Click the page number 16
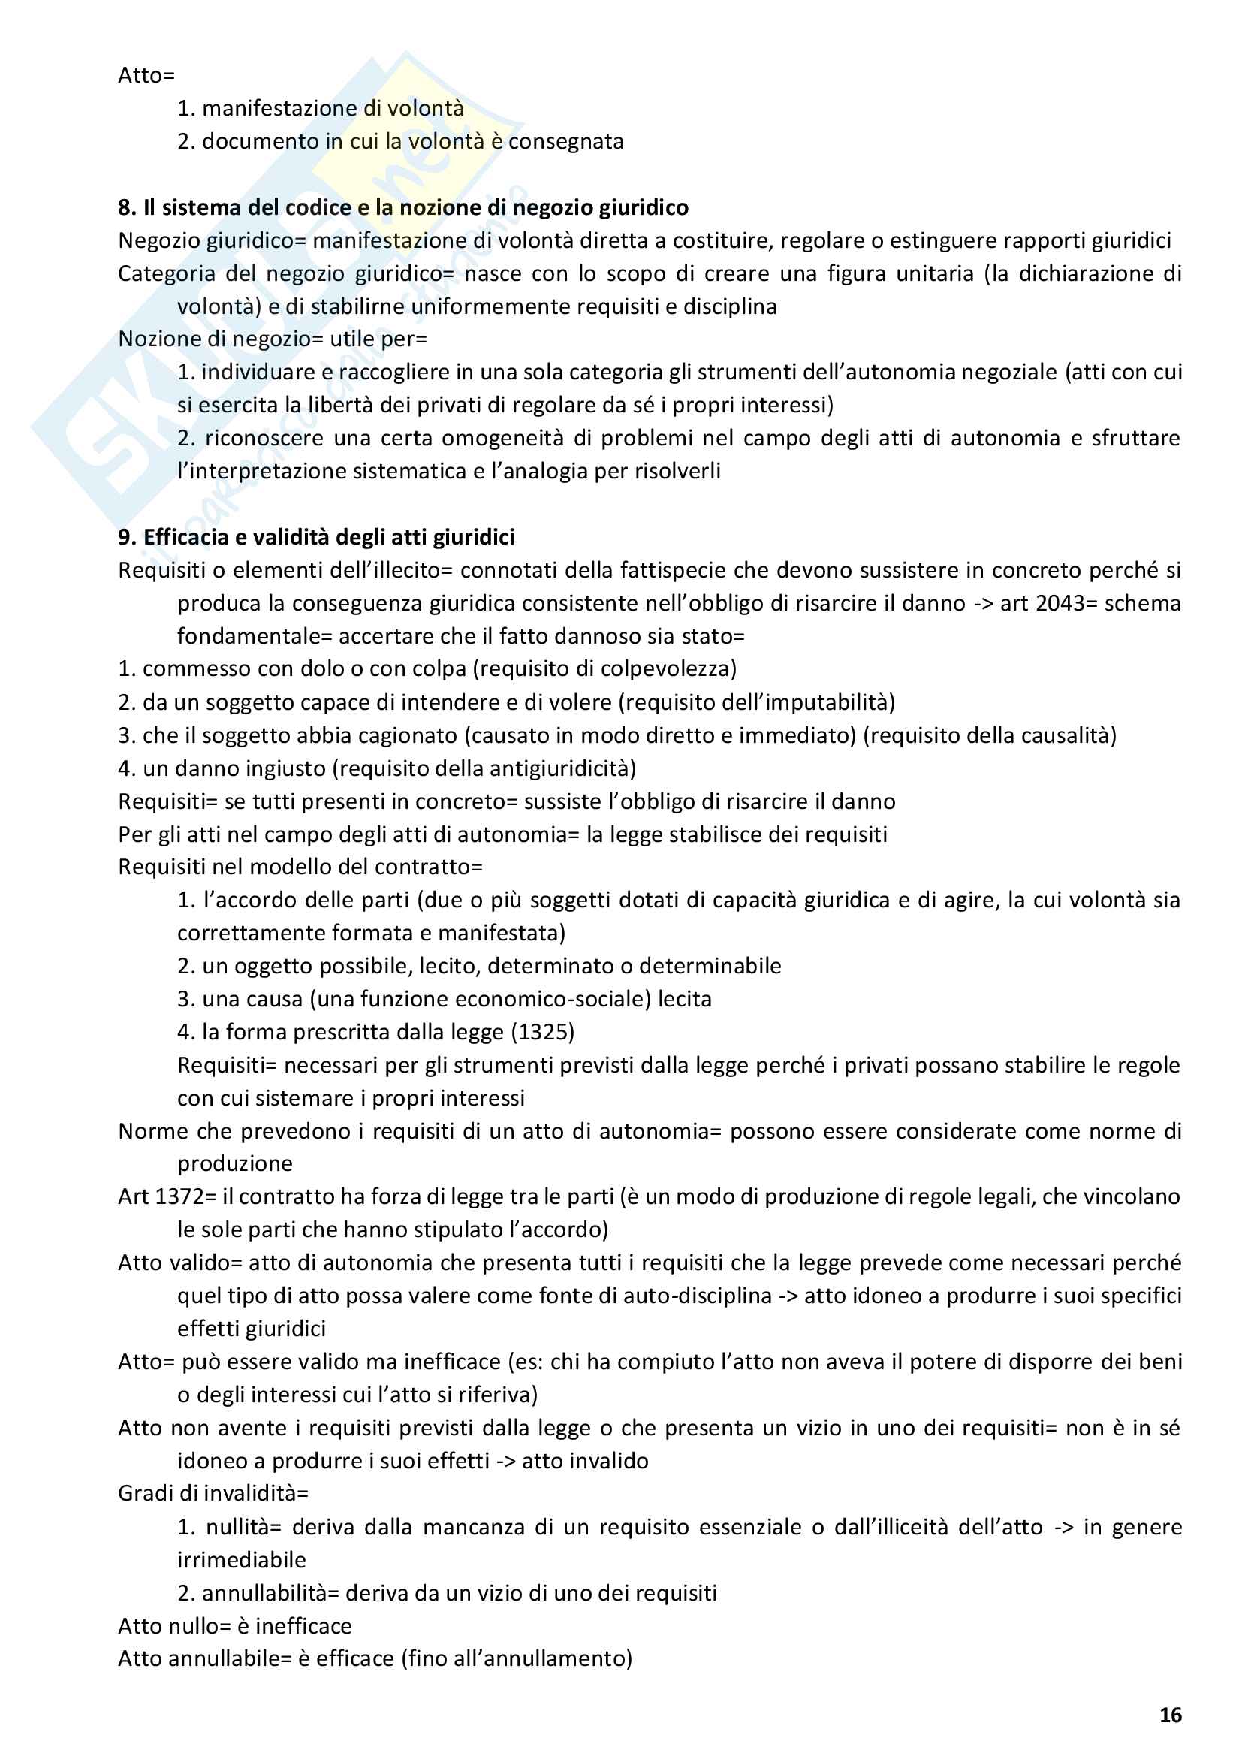1170,1715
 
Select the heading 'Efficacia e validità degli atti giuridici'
329,538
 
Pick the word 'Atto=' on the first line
146,76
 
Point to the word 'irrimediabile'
242,1560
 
